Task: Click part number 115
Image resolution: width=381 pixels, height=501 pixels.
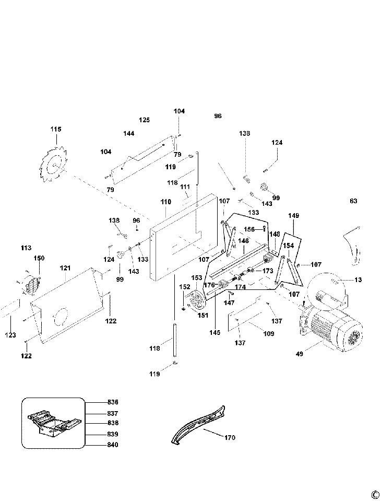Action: tap(56, 130)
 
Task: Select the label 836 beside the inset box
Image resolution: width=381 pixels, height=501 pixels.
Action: tap(112, 402)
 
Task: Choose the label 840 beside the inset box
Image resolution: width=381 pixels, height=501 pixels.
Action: tap(112, 445)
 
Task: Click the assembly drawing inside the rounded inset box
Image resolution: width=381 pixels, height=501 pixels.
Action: tap(53, 423)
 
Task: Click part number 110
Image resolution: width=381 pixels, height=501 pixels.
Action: tap(165, 202)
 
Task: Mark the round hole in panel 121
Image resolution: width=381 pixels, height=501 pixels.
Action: tap(61, 316)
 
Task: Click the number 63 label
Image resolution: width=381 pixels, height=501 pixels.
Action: tap(353, 201)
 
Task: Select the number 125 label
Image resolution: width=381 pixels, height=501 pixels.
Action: tap(145, 120)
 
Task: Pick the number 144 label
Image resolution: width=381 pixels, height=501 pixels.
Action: tap(129, 134)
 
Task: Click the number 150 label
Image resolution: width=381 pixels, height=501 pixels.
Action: tap(39, 258)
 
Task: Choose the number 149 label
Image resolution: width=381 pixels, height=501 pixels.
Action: tap(293, 215)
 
